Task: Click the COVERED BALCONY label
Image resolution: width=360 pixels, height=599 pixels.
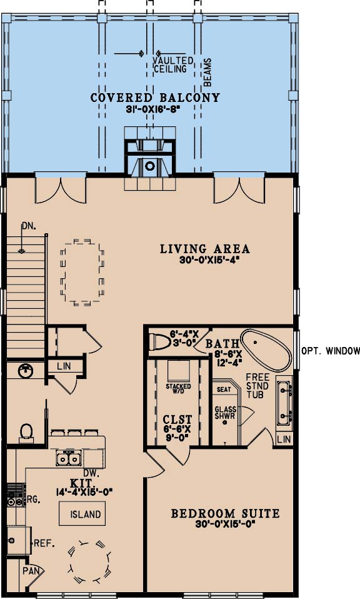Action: pyautogui.click(x=155, y=98)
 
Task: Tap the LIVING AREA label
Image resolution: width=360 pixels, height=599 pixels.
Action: pyautogui.click(x=204, y=249)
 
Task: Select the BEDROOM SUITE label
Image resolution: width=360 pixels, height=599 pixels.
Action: pyautogui.click(x=225, y=513)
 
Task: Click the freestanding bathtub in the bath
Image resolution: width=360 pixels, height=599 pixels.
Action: pyautogui.click(x=266, y=350)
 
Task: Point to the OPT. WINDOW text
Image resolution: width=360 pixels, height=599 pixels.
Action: pyautogui.click(x=331, y=351)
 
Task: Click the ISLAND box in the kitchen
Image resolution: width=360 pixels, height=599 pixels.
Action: pyautogui.click(x=82, y=514)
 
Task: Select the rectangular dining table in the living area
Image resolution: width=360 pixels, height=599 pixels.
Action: pyautogui.click(x=82, y=272)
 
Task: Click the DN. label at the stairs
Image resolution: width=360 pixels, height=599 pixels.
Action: pyautogui.click(x=29, y=226)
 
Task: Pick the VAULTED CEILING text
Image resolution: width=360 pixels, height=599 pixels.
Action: pyautogui.click(x=173, y=65)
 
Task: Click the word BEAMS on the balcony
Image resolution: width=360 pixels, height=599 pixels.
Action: pyautogui.click(x=207, y=72)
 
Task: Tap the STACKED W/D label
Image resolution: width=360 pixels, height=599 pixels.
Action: pyautogui.click(x=178, y=389)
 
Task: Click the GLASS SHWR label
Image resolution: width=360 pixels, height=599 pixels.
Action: pyautogui.click(x=225, y=413)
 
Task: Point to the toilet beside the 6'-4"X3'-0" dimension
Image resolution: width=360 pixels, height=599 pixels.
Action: pyautogui.click(x=159, y=341)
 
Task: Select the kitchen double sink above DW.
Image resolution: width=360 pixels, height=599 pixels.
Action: pyautogui.click(x=69, y=458)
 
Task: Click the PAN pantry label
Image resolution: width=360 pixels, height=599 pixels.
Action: pyautogui.click(x=31, y=571)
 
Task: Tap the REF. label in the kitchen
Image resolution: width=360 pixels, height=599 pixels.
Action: pyautogui.click(x=44, y=543)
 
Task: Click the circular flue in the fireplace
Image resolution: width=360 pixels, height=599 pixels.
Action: pyautogui.click(x=150, y=166)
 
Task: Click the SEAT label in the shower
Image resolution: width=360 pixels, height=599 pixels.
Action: pyautogui.click(x=224, y=390)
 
